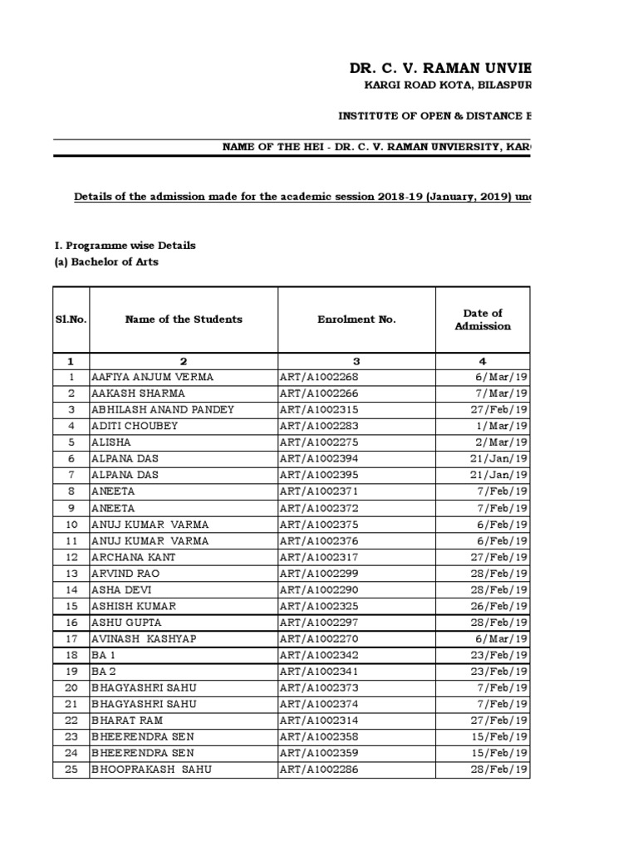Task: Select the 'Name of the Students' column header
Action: (184, 320)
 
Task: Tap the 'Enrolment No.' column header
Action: (356, 320)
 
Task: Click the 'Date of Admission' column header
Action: (483, 320)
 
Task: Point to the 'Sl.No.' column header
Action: (71, 320)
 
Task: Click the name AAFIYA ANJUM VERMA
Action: (152, 377)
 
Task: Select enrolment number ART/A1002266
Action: (320, 393)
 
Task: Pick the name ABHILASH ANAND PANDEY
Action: (163, 409)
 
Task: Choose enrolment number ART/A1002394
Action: (320, 459)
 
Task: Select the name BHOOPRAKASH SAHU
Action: (151, 769)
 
